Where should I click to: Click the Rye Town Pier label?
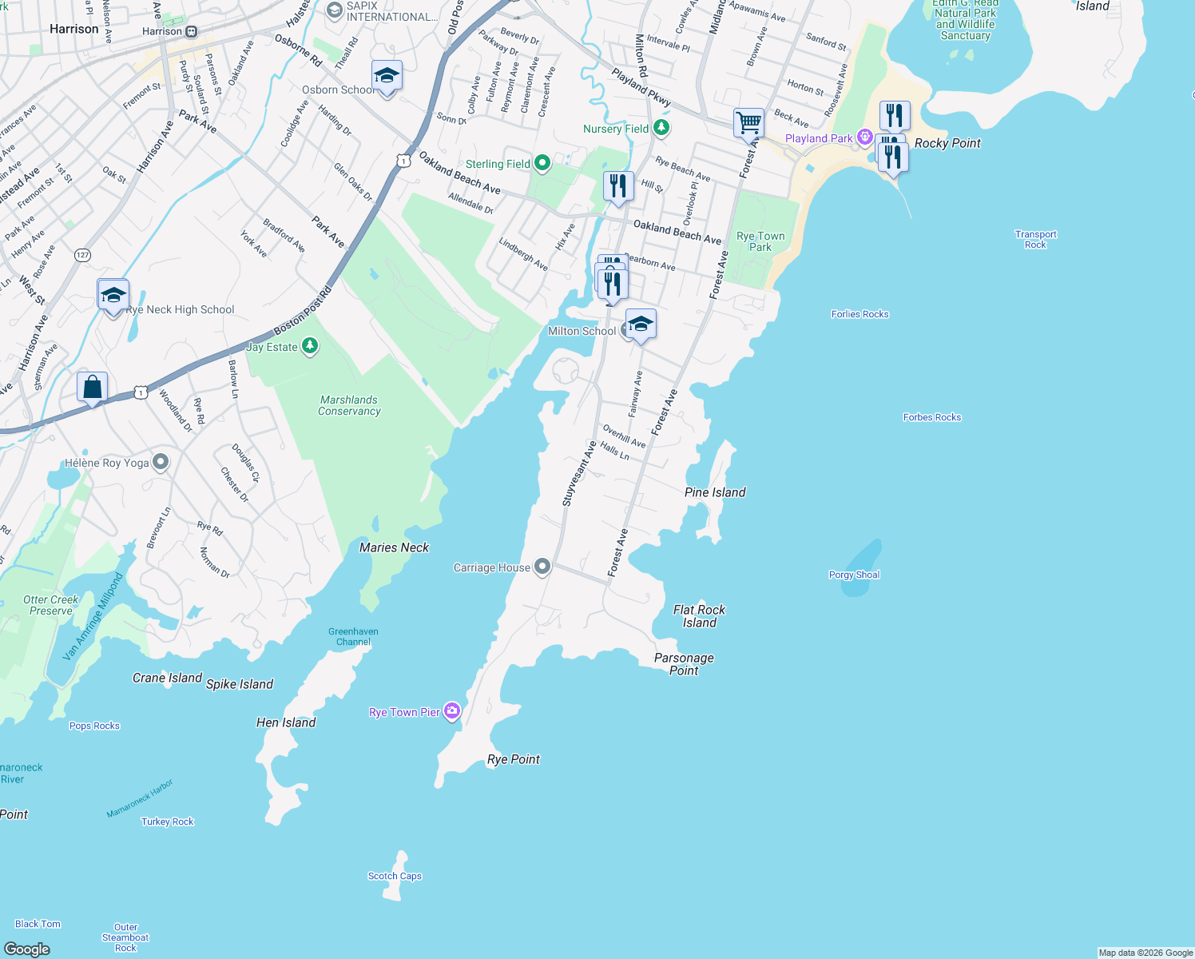coord(404,712)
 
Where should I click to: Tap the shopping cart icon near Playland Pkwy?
coord(748,124)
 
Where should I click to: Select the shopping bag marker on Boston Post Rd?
coord(93,388)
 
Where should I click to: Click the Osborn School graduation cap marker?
coord(387,77)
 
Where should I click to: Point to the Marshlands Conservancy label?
coord(349,405)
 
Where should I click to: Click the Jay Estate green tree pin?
coord(310,346)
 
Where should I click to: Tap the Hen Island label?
coord(286,722)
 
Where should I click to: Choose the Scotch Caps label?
coord(395,876)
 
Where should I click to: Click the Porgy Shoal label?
coord(854,575)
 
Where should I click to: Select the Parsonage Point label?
coord(684,664)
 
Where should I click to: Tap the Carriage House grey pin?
coord(542,567)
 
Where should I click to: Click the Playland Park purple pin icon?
coord(864,137)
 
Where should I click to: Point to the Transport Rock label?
coord(1035,240)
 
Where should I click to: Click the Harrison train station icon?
coord(192,32)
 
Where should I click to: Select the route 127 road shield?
coord(82,255)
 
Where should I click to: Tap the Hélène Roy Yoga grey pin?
coord(161,463)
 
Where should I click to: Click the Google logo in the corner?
coord(27,949)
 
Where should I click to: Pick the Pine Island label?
coord(715,492)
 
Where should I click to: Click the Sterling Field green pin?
coord(542,164)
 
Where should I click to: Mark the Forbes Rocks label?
coord(931,417)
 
